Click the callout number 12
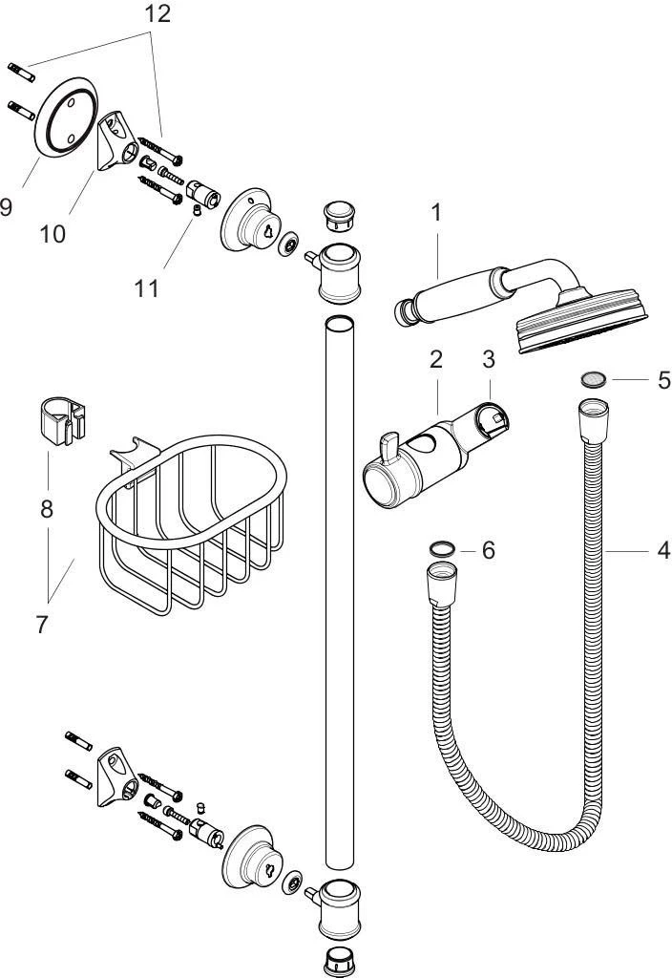157,13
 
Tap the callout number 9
6,206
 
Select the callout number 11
146,288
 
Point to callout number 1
436,213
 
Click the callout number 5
664,380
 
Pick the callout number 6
488,550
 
